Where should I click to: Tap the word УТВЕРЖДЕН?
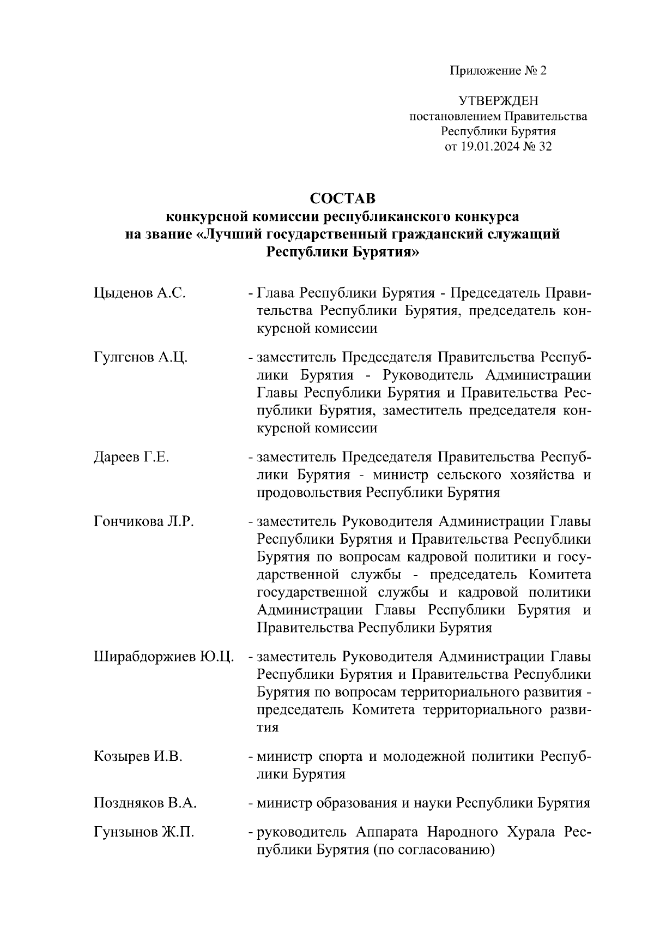[498, 101]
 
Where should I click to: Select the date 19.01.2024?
[489, 146]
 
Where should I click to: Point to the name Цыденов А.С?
[140, 293]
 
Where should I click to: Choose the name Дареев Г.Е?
[131, 457]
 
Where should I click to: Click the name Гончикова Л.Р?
[144, 521]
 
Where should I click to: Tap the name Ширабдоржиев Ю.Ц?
[164, 657]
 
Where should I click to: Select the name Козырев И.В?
[138, 756]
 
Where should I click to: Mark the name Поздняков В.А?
[145, 803]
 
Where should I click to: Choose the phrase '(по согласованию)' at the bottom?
[433, 850]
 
